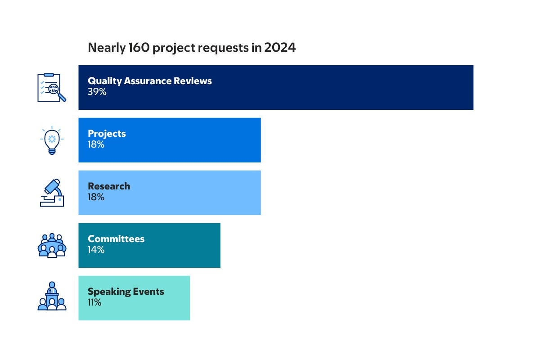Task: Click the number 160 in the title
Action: coord(138,48)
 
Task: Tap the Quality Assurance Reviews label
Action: coord(149,81)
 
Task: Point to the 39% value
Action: coord(97,92)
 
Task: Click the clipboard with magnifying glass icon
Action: coord(51,87)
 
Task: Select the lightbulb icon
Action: coord(52,140)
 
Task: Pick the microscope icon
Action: coord(52,193)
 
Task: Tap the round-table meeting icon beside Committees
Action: coord(52,245)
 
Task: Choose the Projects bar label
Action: coord(107,134)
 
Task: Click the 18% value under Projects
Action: coord(96,144)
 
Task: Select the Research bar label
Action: coord(109,186)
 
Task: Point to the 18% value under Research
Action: coord(96,197)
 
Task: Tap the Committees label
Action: coord(116,239)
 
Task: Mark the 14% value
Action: coord(96,250)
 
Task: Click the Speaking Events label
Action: coord(126,292)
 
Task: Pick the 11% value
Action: coord(94,302)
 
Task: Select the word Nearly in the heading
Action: coord(104,48)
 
